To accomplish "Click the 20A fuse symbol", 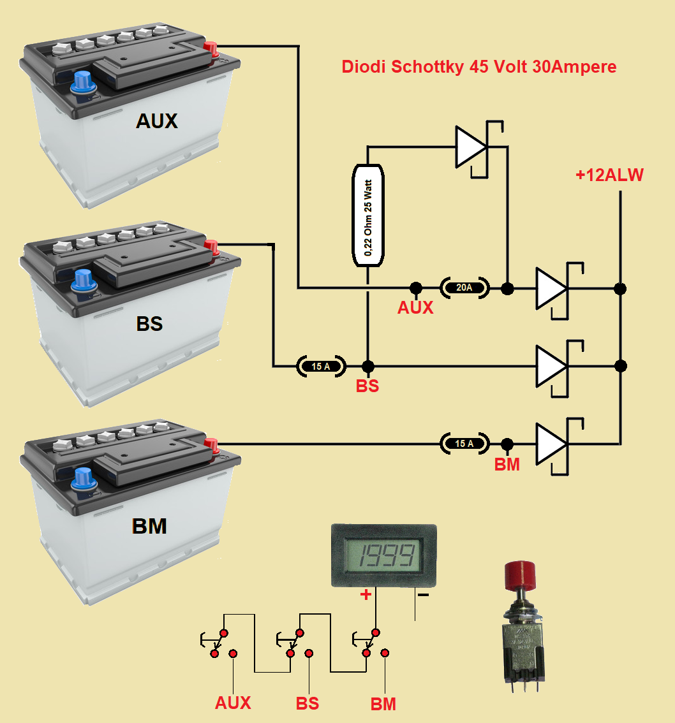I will (x=464, y=288).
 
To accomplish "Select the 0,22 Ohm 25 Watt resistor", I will (x=369, y=215).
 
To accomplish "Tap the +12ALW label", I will (x=609, y=175).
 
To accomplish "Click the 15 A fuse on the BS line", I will (x=321, y=367).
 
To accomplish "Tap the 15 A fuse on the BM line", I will (x=464, y=443).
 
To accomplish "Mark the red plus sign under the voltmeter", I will (x=366, y=595).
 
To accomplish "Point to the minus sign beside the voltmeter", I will (x=423, y=595).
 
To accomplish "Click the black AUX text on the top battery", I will (x=156, y=121).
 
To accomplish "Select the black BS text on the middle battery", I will (x=149, y=323).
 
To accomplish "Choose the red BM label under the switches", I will (x=383, y=704).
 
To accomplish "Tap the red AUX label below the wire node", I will (x=415, y=308).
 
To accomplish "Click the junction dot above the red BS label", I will (x=367, y=367).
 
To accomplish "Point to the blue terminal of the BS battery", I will (x=82, y=279).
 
